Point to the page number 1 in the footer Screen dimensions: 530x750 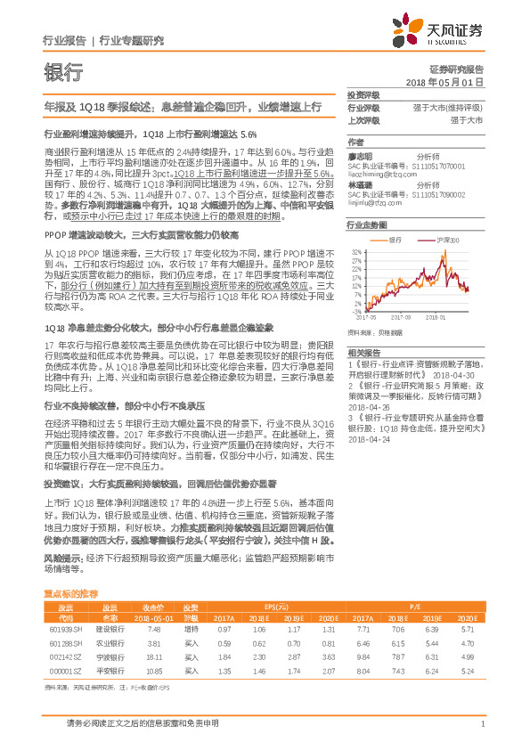(x=481, y=722)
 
